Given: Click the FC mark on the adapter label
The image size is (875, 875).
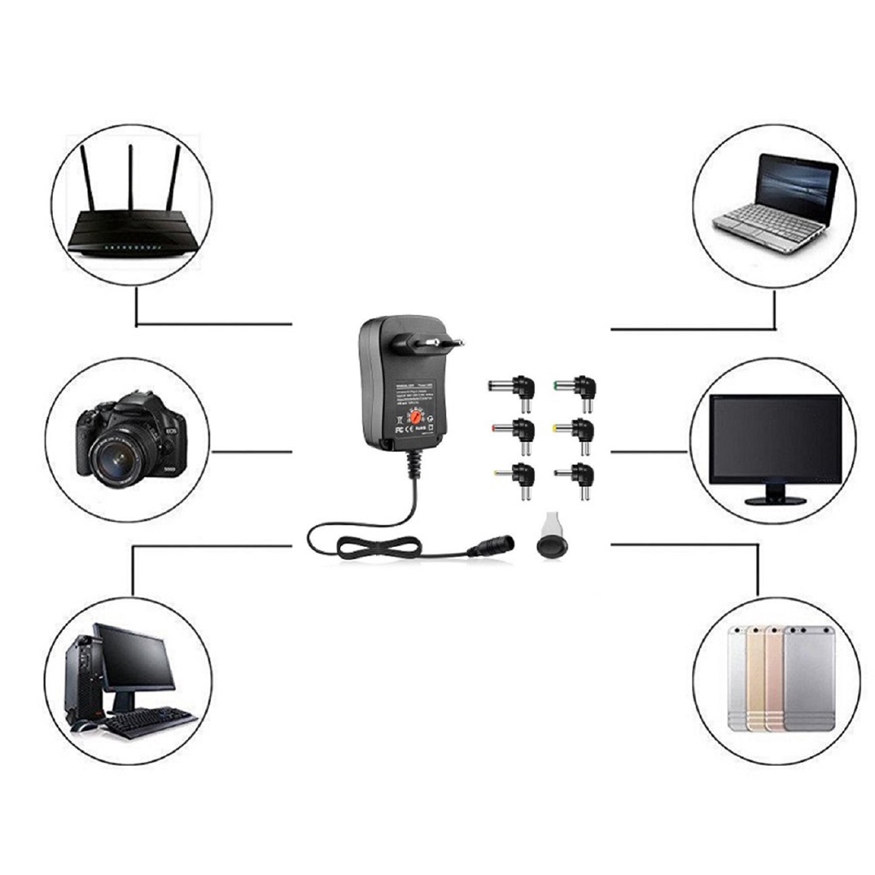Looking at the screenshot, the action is pos(397,420).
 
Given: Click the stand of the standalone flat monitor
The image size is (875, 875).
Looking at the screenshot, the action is pos(774,494).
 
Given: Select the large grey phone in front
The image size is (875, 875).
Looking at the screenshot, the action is pos(808,679).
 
